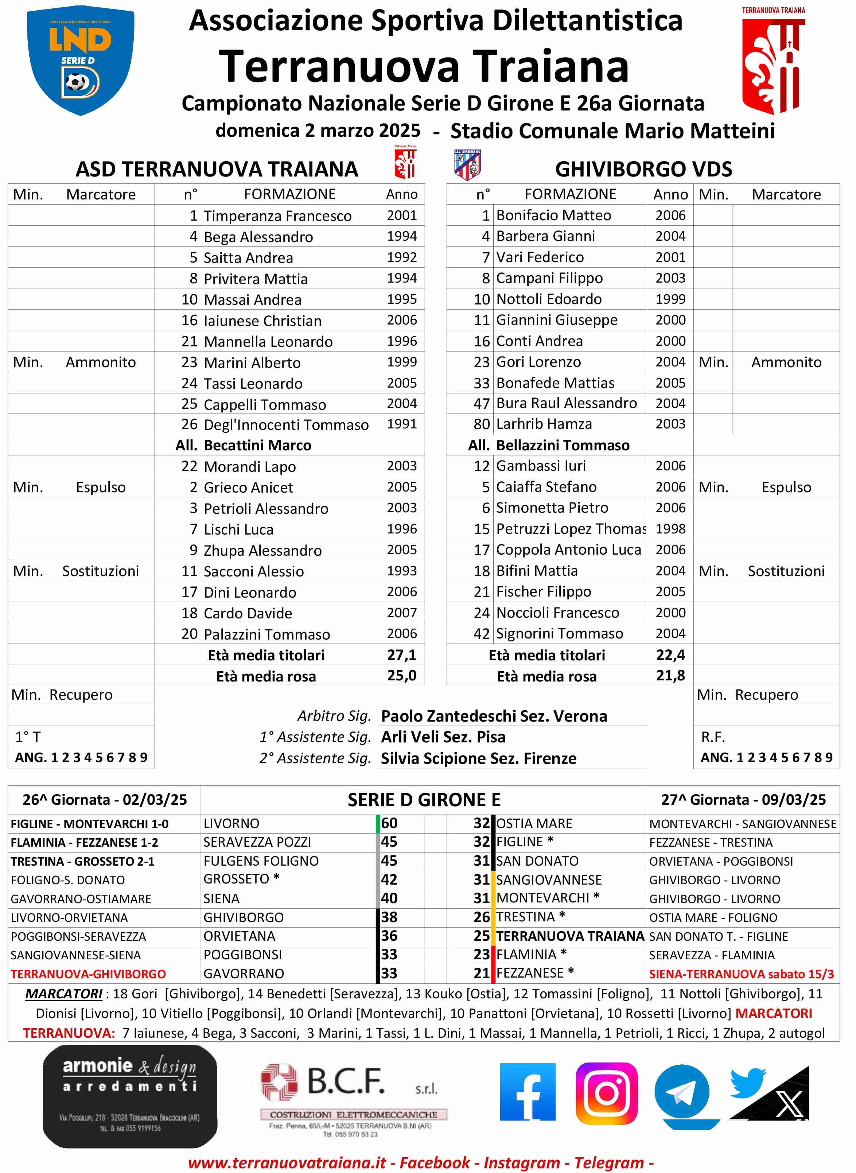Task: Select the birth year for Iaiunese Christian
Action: click(402, 320)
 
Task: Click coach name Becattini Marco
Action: click(257, 446)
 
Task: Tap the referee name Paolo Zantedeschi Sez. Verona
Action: click(494, 716)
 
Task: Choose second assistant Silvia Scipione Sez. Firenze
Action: click(478, 758)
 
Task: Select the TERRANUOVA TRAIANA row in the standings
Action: click(570, 936)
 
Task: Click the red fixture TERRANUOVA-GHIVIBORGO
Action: click(88, 974)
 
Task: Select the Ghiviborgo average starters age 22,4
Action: click(670, 655)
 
